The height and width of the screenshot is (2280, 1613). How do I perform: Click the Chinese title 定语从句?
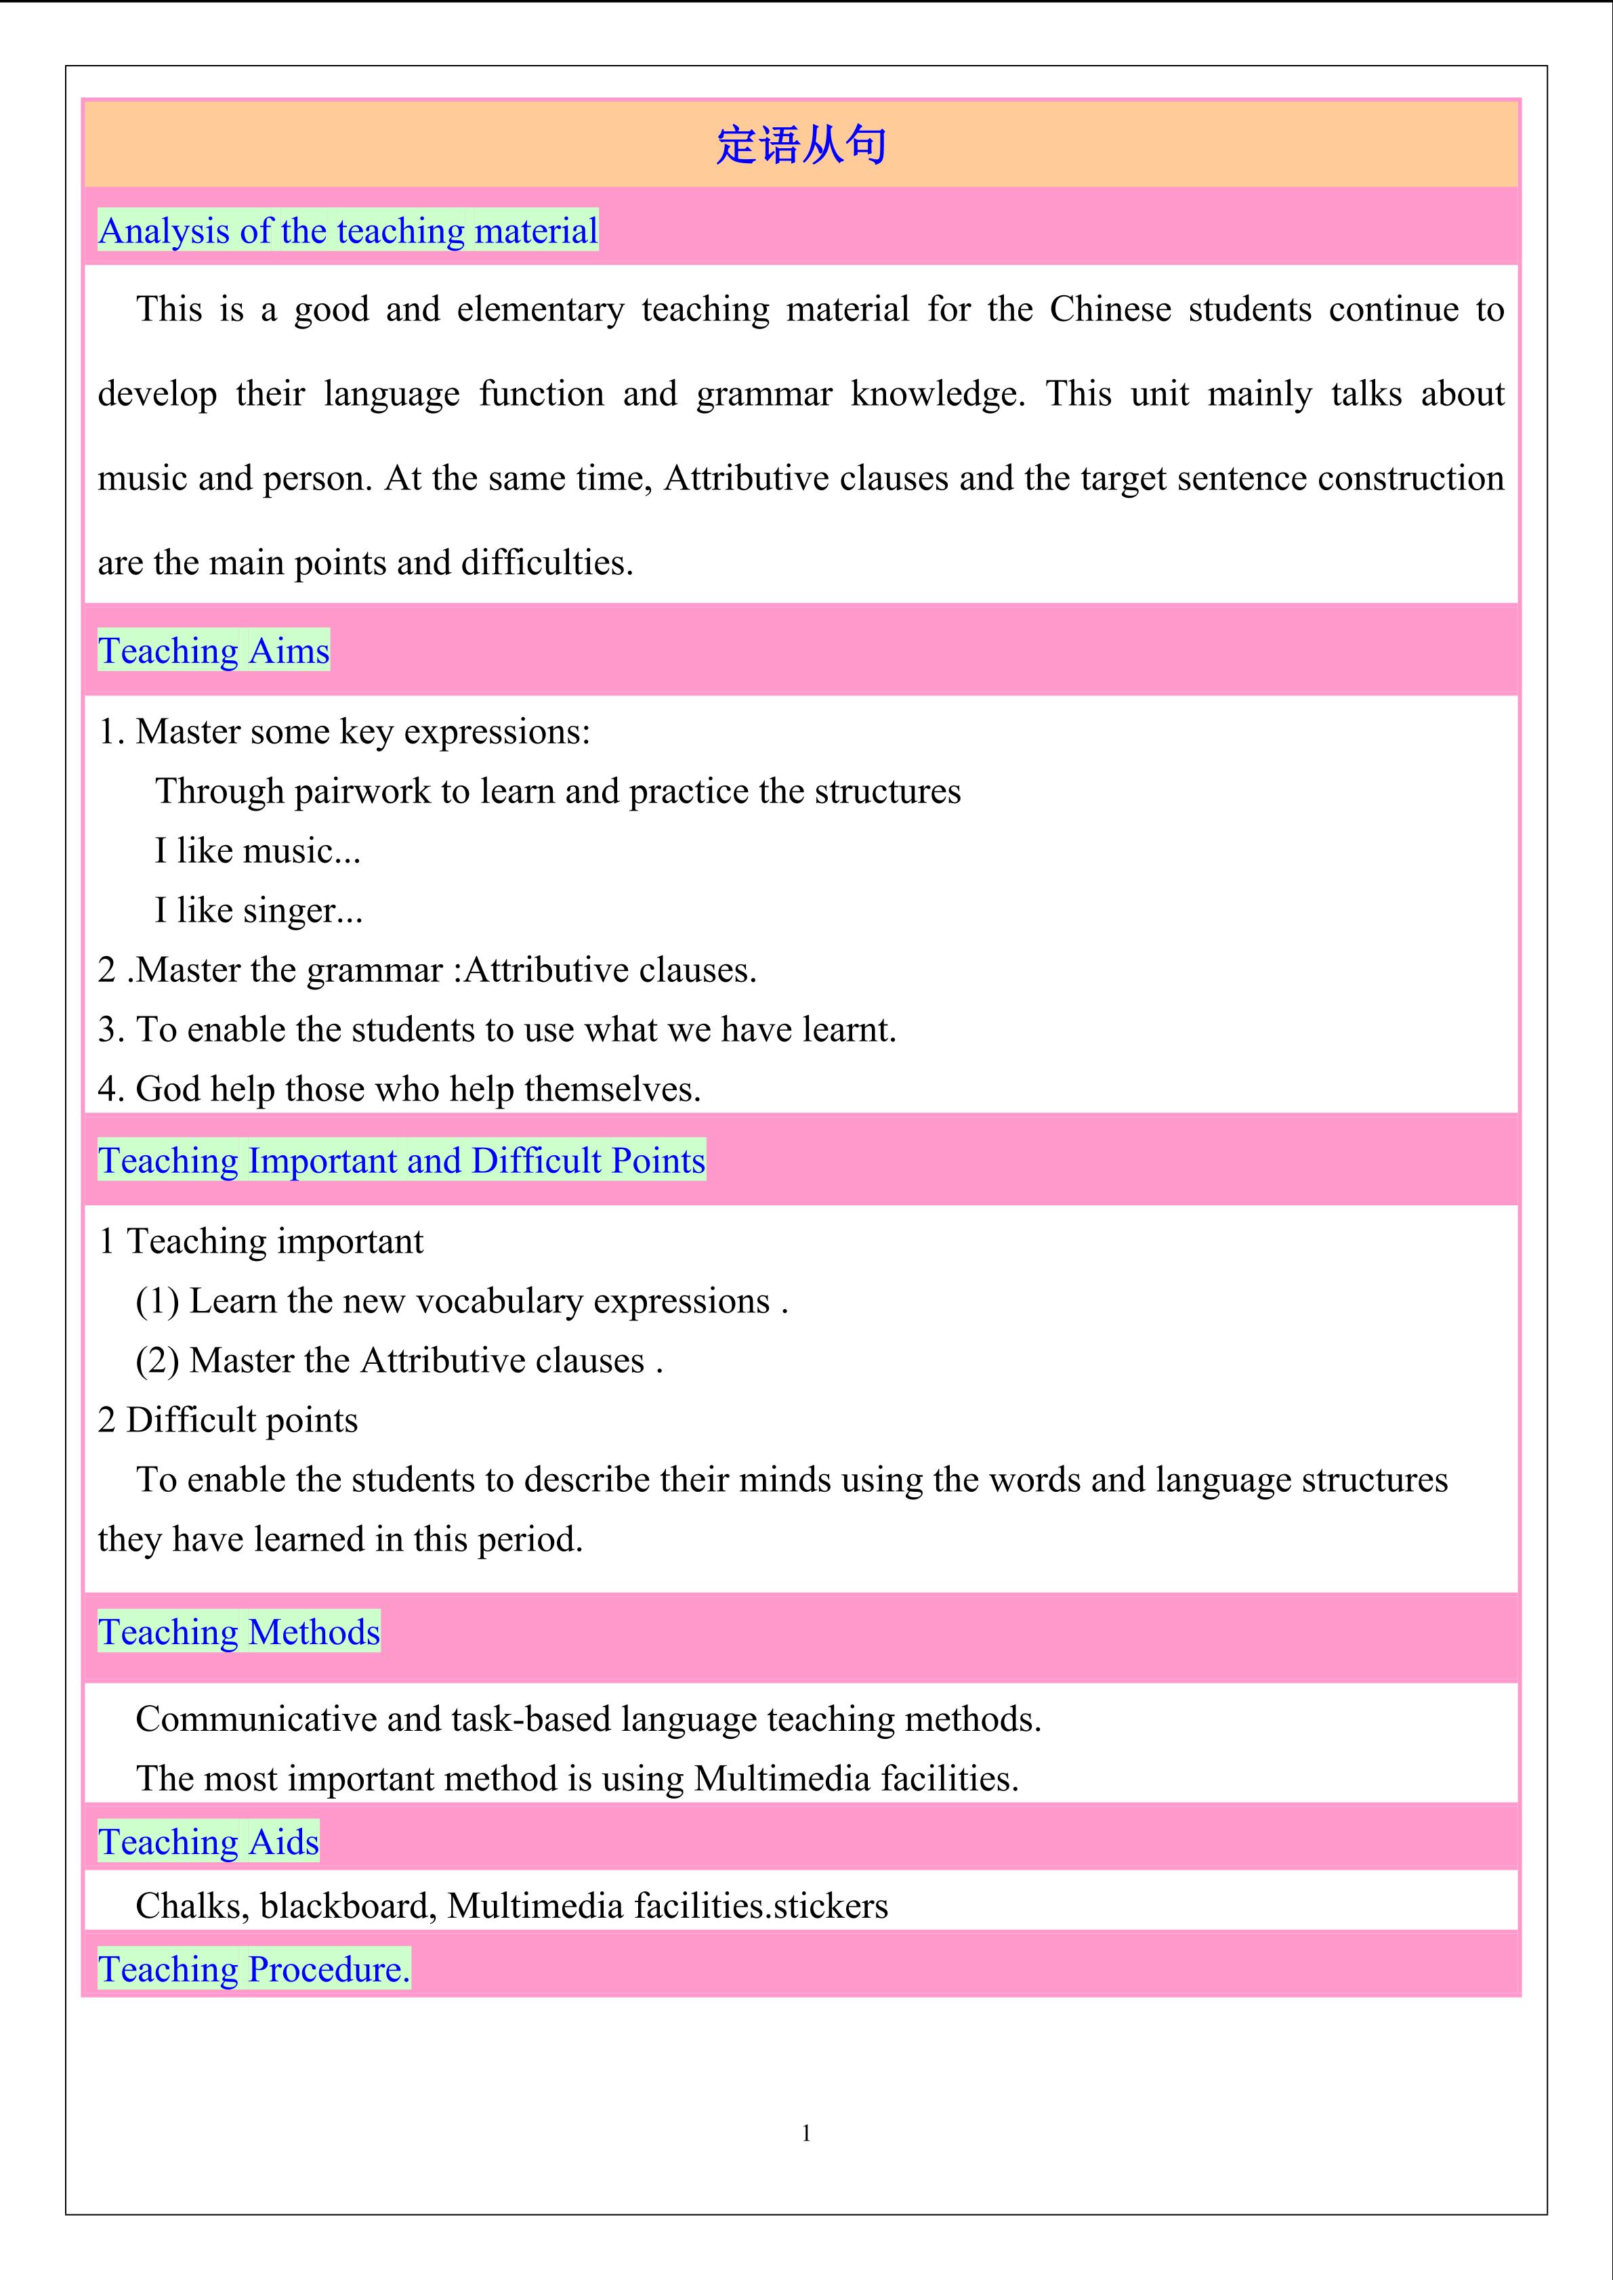[x=801, y=145]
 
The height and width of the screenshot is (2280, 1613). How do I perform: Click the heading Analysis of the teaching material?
[x=348, y=230]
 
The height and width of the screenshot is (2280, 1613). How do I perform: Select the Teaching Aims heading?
[x=213, y=651]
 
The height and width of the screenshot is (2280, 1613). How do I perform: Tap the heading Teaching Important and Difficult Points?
[x=401, y=1160]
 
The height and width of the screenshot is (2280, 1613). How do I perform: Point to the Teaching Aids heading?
[x=209, y=1841]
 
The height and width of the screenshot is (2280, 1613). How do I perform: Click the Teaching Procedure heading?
[x=253, y=1969]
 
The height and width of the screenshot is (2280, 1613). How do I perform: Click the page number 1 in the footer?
[x=805, y=2133]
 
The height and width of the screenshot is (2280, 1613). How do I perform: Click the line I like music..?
[x=257, y=851]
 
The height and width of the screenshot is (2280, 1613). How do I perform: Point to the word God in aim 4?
[x=162, y=1090]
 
